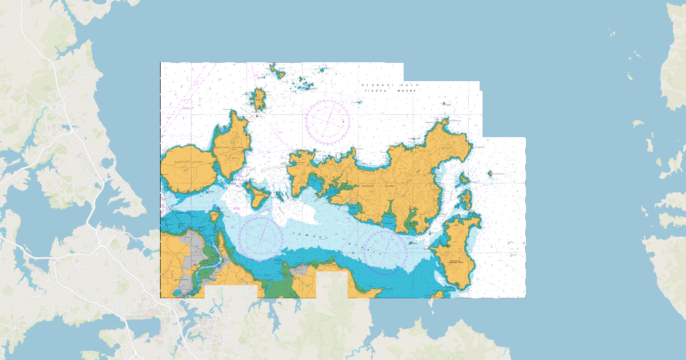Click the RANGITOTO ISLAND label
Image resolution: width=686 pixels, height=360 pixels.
190,162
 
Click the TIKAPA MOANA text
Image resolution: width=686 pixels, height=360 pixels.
390,91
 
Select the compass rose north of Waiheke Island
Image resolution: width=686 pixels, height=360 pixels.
328,121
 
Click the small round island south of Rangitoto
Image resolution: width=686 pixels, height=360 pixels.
214,215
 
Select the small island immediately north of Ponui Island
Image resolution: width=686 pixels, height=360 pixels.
466,198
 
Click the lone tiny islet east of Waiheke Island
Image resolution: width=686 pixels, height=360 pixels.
490,173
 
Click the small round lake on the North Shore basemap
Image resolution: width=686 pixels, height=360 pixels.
107,163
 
